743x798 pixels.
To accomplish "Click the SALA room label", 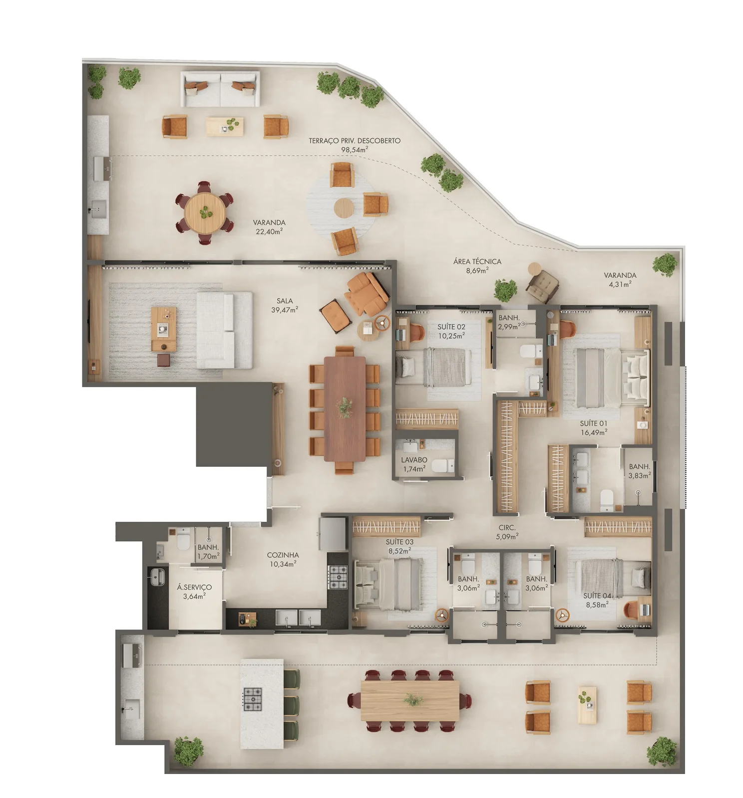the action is tap(285, 301).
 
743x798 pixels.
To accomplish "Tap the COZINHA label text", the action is tap(283, 555).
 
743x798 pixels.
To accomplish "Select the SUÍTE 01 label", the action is tap(593, 423).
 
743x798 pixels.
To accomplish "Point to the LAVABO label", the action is tap(414, 460).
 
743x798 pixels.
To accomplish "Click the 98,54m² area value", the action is tap(355, 149).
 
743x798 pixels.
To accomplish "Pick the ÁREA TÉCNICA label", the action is tap(477, 261).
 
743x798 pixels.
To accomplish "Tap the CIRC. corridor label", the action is tap(507, 528).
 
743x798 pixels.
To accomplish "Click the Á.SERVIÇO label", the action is tap(194, 587).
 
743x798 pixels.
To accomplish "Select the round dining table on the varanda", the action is tap(205, 212).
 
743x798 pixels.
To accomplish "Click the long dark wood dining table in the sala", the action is tap(345, 408).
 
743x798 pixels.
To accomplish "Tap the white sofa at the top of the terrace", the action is tap(220, 89).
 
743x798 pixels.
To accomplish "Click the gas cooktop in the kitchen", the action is tap(338, 577).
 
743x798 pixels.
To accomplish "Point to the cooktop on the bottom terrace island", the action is tap(253, 699).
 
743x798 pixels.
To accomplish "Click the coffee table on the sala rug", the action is tap(164, 329).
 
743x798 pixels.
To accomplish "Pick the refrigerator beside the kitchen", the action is tap(333, 533).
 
